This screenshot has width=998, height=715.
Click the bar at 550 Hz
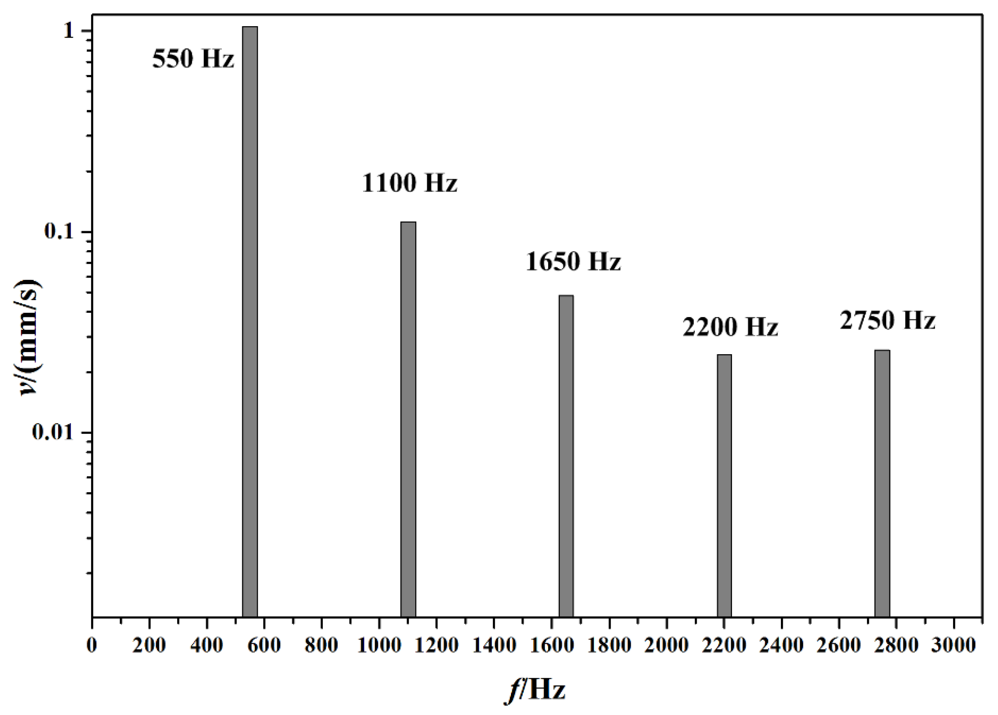[x=250, y=321]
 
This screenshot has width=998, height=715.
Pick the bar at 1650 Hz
[x=566, y=455]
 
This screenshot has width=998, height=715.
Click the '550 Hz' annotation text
[x=193, y=59]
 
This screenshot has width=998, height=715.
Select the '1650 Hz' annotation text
[x=573, y=262]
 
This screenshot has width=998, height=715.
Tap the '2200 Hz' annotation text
[x=730, y=327]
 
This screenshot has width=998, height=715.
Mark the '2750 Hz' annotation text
[x=888, y=320]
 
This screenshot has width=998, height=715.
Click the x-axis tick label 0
[x=92, y=645]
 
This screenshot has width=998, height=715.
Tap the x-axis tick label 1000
[x=379, y=645]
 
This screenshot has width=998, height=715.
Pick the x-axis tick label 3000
[x=953, y=645]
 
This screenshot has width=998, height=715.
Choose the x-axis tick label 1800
[x=609, y=645]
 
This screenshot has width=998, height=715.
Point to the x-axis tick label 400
[x=207, y=645]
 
